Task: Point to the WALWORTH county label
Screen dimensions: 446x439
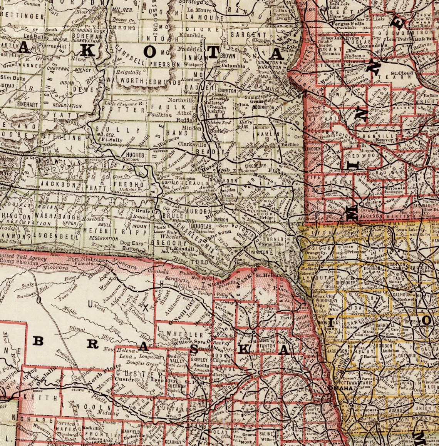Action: [122, 81]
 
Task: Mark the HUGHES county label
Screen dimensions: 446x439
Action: [135, 155]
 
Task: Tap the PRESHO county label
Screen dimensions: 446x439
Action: [128, 184]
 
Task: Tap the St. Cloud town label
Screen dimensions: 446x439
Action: [402, 73]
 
